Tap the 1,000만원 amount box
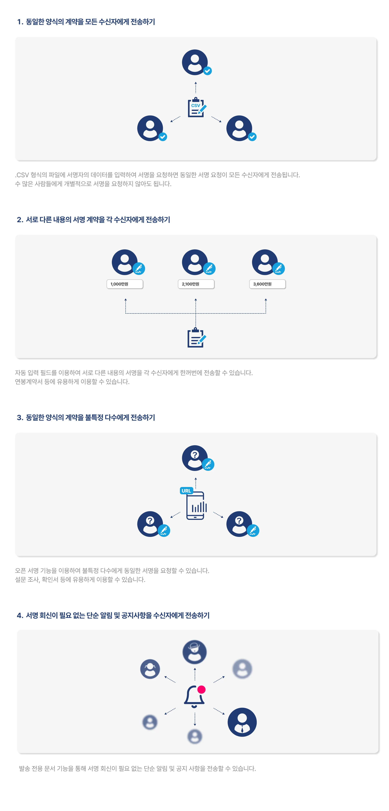click(125, 284)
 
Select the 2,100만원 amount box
click(196, 284)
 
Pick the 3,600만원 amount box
click(267, 284)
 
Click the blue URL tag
click(186, 490)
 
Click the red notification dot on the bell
click(201, 690)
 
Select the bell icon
click(194, 696)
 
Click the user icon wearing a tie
click(242, 722)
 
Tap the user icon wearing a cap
click(194, 652)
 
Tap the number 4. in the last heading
click(20, 616)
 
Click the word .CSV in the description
click(22, 175)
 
